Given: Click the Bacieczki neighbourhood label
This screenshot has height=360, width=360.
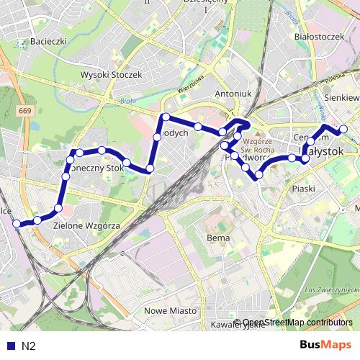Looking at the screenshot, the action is (x=49, y=42).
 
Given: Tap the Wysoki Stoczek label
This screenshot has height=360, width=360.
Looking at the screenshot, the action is (x=112, y=74).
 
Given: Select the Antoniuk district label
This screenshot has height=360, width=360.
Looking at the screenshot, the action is (x=233, y=94).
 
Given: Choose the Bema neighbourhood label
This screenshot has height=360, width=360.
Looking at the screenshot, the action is (x=217, y=238).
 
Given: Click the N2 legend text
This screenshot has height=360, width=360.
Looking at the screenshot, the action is (x=29, y=346).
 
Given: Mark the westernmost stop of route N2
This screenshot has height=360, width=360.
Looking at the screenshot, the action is (x=17, y=224).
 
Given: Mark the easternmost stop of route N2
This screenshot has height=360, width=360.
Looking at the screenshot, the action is (x=344, y=130).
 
